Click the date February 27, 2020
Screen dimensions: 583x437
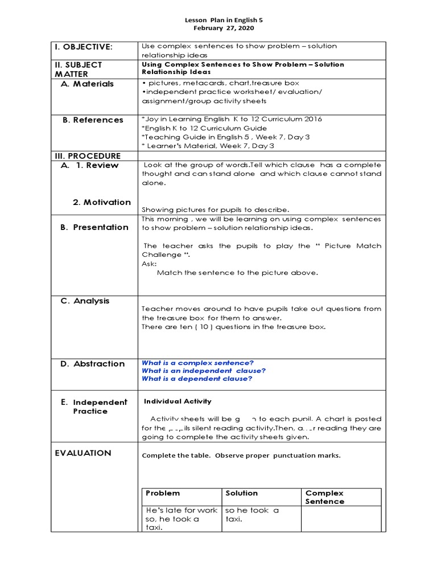point(224,28)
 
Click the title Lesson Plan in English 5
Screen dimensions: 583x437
point(224,19)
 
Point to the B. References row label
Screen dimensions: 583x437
point(93,120)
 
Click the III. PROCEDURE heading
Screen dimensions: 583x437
point(88,156)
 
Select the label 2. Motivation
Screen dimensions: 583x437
point(101,202)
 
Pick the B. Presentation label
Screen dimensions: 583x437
point(94,227)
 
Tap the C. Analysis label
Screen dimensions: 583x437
point(85,301)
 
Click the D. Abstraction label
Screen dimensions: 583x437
point(92,364)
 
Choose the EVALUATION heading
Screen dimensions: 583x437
point(83,453)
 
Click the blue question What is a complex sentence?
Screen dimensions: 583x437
point(197,363)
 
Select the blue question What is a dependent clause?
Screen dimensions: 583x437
point(197,379)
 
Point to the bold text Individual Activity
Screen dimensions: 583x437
point(178,401)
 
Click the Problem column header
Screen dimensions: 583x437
point(163,493)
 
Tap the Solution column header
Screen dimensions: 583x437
point(242,493)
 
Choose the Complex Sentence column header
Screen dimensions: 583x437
point(325,497)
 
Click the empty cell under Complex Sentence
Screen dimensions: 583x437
point(340,519)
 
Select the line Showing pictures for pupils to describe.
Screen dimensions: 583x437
point(215,210)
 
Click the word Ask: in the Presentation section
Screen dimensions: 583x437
point(149,264)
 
